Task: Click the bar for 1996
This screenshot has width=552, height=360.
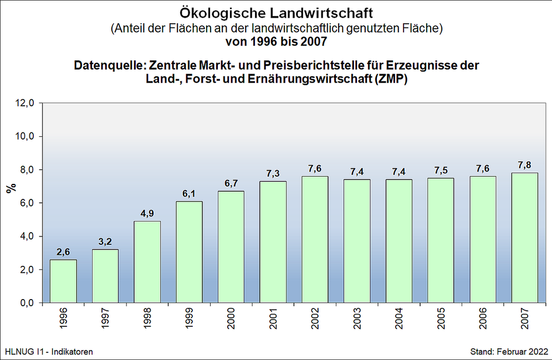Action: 63,281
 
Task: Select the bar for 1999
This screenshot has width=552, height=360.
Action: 189,252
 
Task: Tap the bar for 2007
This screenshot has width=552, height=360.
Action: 524,238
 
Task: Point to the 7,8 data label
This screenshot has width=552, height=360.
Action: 524,165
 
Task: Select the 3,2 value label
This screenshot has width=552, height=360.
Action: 105,242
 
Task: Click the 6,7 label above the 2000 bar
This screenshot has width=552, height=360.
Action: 231,183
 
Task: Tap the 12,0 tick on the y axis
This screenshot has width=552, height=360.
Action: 25,103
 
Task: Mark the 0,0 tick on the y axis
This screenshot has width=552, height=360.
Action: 27,303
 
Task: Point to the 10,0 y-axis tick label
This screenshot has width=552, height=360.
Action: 25,136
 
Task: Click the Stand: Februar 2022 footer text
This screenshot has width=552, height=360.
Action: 509,352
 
